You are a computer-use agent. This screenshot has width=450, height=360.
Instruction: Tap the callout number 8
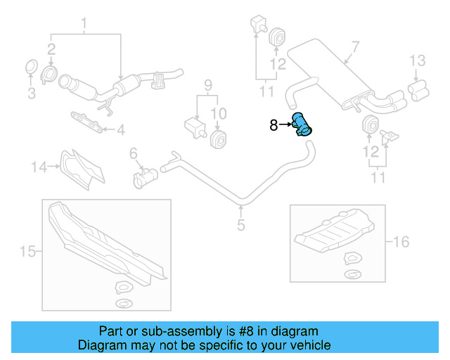(x=274, y=126)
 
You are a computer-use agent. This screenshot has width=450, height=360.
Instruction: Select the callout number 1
(x=84, y=27)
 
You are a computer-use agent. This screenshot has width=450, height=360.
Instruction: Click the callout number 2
(x=51, y=48)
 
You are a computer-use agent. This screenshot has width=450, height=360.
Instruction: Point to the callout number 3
(x=30, y=93)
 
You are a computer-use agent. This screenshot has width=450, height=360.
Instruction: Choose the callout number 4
(x=120, y=130)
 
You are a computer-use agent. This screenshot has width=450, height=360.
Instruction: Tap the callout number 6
(x=133, y=153)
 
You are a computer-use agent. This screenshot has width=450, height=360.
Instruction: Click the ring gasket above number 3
(x=30, y=67)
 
